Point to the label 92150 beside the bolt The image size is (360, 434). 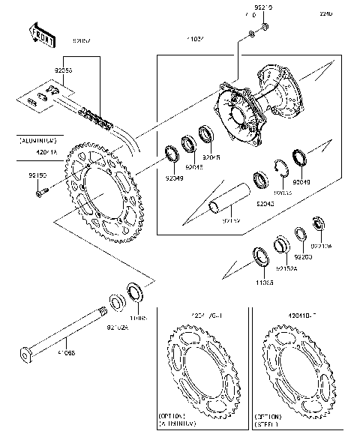click(x=37, y=175)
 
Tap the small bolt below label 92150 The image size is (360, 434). click(x=40, y=192)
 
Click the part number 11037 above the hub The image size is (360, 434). click(x=197, y=37)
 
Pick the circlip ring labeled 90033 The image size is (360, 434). click(x=281, y=168)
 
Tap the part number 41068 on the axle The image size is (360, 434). click(x=65, y=352)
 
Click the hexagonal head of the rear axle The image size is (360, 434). click(x=27, y=352)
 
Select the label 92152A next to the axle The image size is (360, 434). click(x=117, y=327)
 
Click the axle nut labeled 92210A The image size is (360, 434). click(x=316, y=223)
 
